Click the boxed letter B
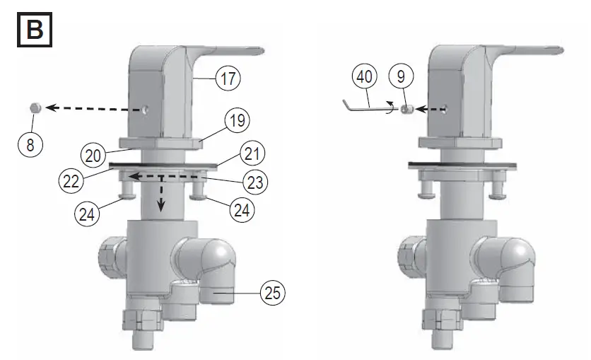[33, 31]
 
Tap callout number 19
[237, 121]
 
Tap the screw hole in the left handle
[145, 110]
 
